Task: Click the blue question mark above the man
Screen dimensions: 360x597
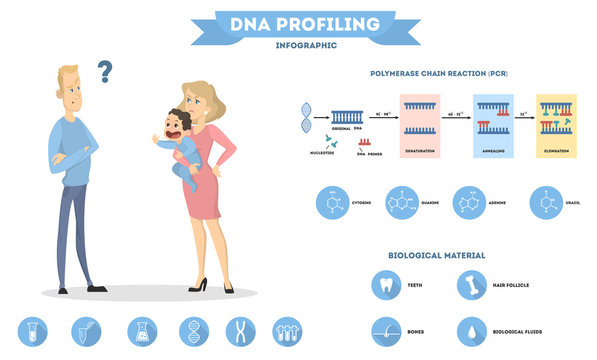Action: pos(104,71)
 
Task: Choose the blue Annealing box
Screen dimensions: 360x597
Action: pos(493,124)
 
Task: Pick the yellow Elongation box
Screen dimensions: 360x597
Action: pos(556,124)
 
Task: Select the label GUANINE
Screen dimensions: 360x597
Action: pos(431,202)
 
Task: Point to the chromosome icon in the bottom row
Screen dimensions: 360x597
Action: pos(240,331)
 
